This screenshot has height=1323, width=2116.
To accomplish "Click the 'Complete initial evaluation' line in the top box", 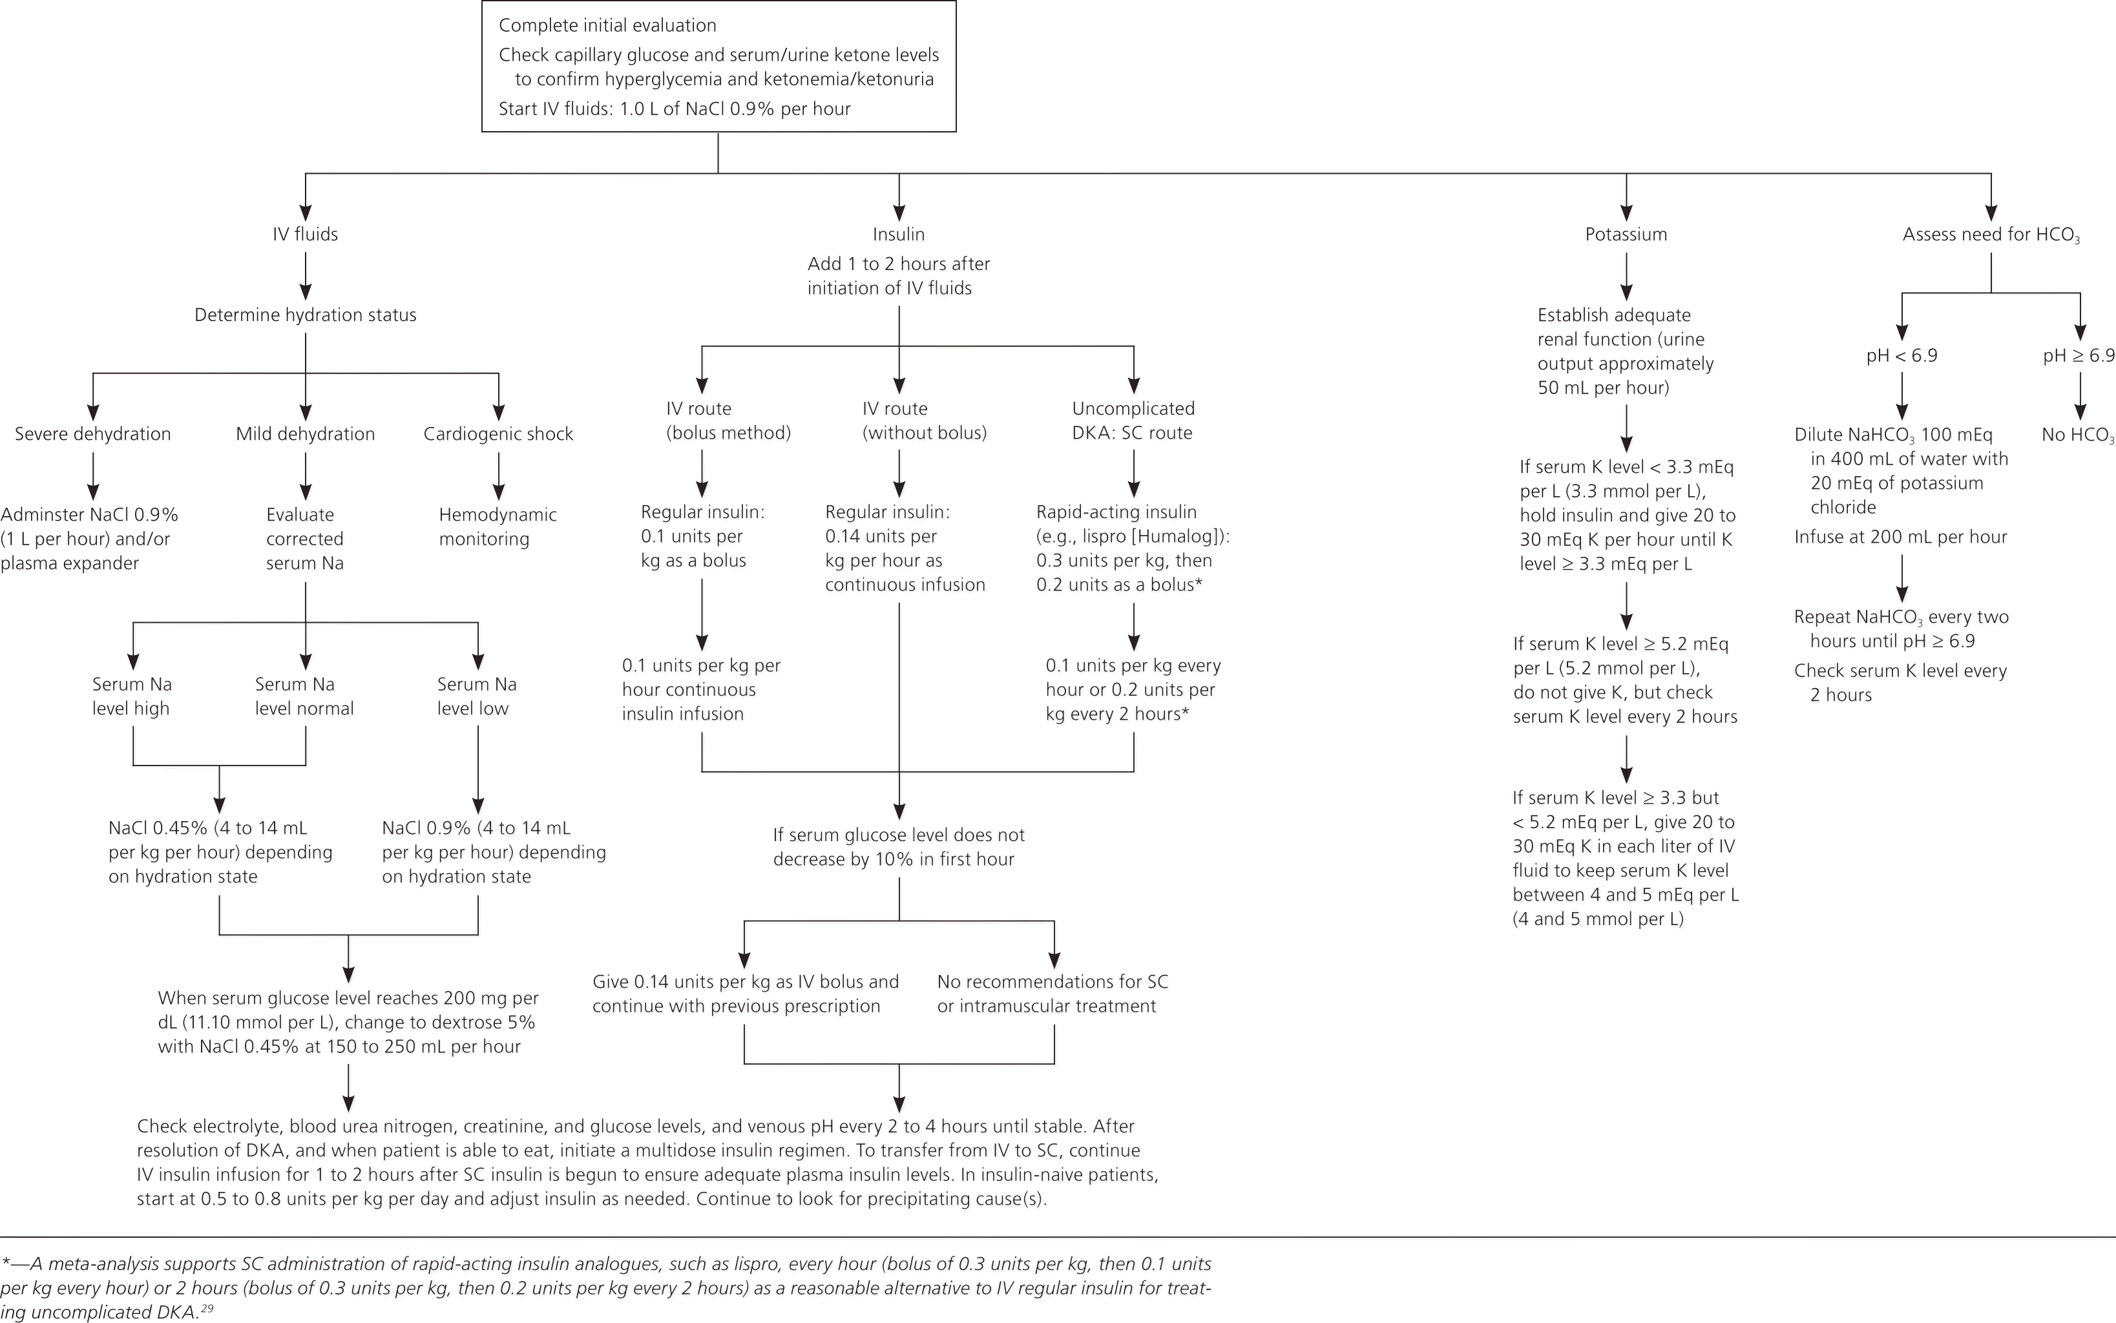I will [x=607, y=25].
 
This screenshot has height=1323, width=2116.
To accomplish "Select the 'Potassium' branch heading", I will [x=1626, y=234].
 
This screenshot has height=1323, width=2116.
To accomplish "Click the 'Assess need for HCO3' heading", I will [x=1991, y=234].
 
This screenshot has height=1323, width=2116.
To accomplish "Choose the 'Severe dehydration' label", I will [x=93, y=434].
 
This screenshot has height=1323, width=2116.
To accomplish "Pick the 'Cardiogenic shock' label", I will [x=498, y=434].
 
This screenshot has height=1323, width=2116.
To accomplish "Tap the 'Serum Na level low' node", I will [x=477, y=696].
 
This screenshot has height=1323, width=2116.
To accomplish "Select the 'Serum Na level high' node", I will [x=132, y=696].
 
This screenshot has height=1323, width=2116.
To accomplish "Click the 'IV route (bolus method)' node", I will [x=728, y=421].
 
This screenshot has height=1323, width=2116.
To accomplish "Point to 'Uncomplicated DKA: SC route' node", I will [x=1133, y=421].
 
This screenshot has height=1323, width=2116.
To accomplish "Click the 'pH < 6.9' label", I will [x=1901, y=356].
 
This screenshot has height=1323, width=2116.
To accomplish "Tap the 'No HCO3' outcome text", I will [x=2077, y=435].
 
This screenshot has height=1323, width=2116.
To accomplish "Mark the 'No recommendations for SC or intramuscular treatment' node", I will [x=1052, y=994].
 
